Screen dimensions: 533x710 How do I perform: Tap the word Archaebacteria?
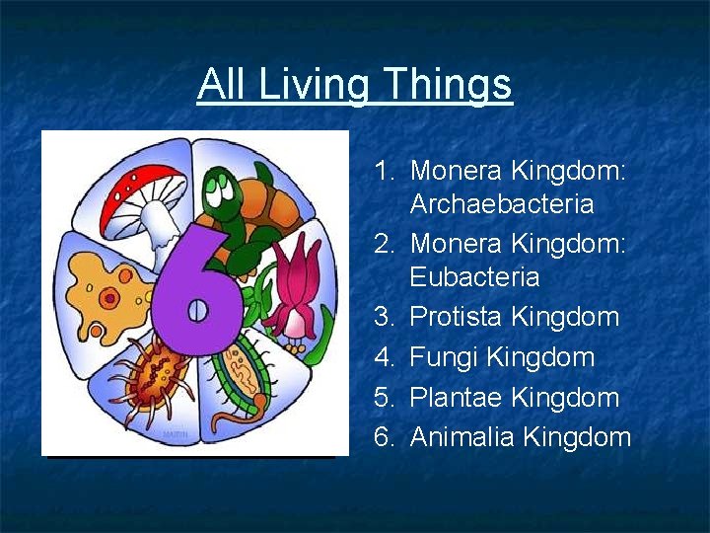point(502,204)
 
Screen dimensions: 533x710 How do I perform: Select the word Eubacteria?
point(474,277)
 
